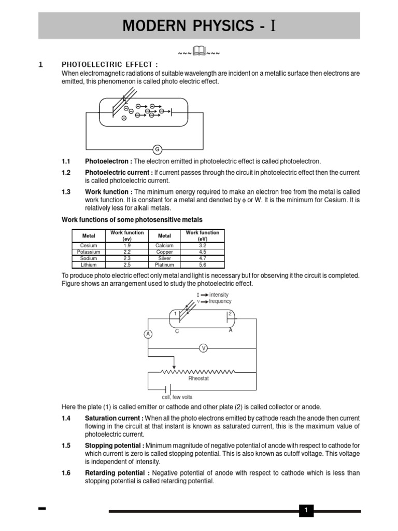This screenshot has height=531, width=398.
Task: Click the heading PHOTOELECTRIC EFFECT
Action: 109,64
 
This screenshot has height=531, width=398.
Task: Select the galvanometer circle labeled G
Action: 157,149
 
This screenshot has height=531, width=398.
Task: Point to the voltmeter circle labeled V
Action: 204,348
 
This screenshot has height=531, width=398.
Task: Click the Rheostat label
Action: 198,379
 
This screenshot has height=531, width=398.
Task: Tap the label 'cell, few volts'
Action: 178,397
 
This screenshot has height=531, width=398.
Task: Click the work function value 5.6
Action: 202,264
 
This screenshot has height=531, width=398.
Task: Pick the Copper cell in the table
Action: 164,251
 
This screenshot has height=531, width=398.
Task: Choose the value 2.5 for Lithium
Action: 126,264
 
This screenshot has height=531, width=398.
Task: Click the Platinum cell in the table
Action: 164,264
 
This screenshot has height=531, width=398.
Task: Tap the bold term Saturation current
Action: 114,418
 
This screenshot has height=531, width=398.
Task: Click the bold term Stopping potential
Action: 114,446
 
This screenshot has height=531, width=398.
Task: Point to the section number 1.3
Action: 66,192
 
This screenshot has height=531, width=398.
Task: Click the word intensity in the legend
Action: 219,295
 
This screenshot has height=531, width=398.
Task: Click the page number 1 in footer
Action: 306,511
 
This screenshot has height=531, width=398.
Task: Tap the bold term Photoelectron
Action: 108,162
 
